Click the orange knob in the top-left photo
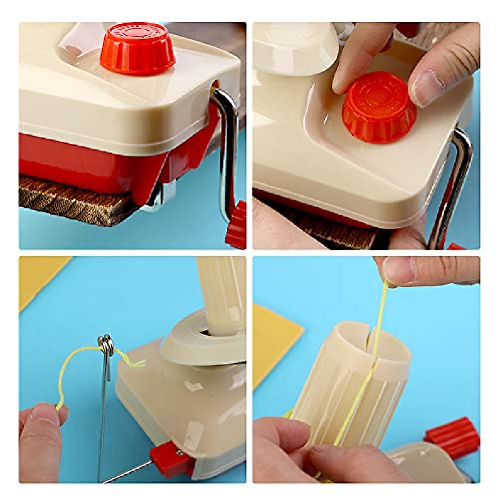137,49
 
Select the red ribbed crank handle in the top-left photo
237,226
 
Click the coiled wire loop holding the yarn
106,345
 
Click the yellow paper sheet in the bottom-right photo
274,340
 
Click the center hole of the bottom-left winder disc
205,332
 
